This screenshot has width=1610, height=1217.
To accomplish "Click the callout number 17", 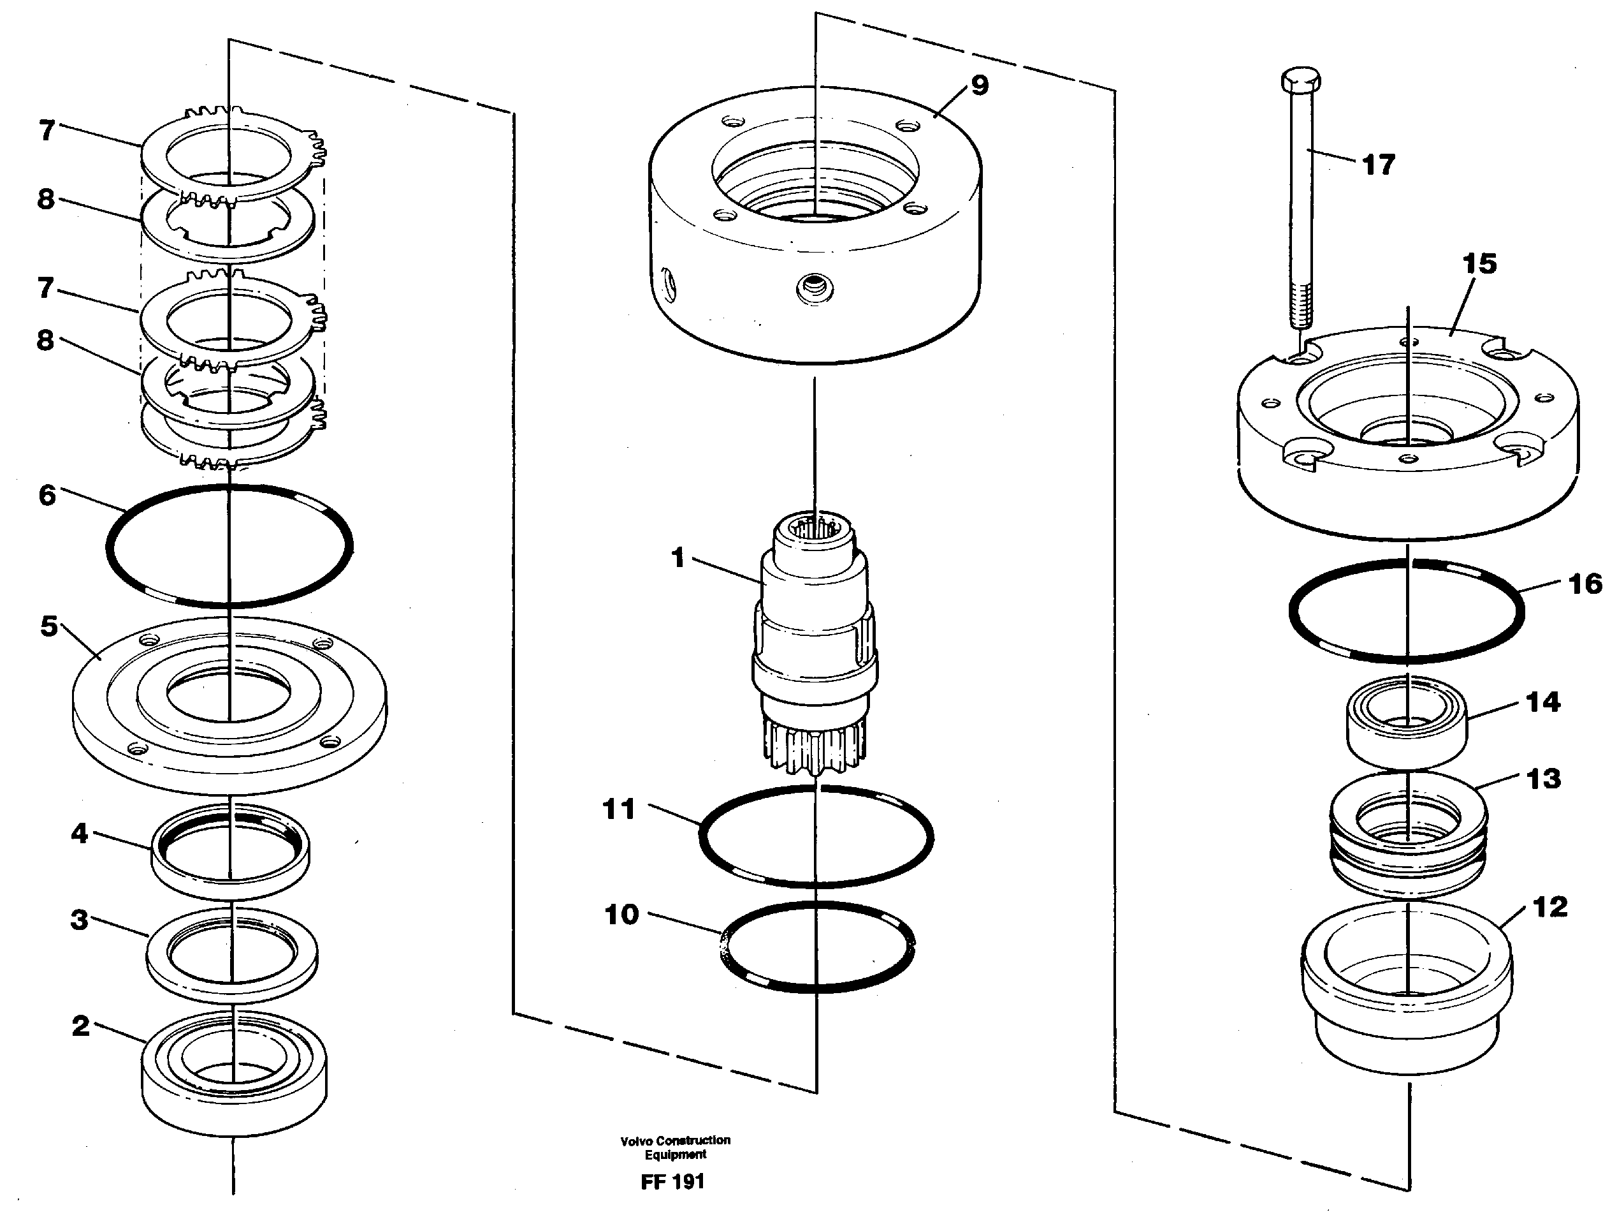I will pos(1378,165).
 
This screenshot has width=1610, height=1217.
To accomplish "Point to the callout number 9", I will pos(980,85).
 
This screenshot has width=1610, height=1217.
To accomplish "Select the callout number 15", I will pos(1479,263).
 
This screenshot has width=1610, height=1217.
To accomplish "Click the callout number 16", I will pos(1585,584).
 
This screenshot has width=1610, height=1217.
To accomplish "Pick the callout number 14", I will pos(1542,702).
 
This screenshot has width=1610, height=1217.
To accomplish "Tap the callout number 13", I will pos(1543,779).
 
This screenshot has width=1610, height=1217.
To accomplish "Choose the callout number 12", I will pos(1549,907).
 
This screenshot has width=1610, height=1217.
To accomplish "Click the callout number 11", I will pos(619,809).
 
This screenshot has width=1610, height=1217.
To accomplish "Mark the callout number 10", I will pos(621,914).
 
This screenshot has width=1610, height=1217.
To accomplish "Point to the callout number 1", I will pos(678,558).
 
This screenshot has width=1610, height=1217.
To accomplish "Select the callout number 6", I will pos(47,495).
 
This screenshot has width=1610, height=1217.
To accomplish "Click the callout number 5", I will pos(49,626).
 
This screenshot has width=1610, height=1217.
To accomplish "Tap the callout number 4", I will pos(79,832).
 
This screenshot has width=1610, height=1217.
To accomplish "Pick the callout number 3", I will pos(79,919).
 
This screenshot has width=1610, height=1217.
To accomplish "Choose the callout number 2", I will pos(80,1026).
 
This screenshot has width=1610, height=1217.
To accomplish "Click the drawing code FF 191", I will pos(672,1181).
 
